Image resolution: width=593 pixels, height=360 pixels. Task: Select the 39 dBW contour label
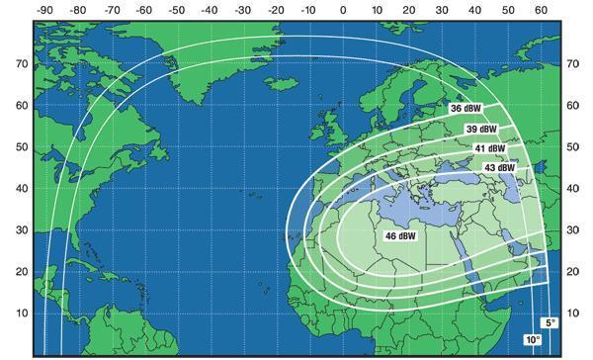(481, 130)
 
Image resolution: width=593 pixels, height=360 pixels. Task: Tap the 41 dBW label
(488, 148)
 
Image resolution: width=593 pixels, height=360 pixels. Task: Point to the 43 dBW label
(499, 168)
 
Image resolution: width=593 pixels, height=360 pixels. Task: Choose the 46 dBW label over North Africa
(399, 236)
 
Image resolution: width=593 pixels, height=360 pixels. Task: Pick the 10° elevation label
(534, 339)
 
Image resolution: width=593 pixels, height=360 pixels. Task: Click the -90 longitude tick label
(44, 9)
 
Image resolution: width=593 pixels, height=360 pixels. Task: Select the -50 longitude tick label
(177, 9)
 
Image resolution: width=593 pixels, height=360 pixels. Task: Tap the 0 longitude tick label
(343, 9)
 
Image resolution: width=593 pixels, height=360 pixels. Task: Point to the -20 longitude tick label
(277, 9)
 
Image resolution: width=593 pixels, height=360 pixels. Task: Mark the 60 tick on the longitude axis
(542, 9)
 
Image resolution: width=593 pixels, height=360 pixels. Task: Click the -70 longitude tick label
(111, 9)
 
